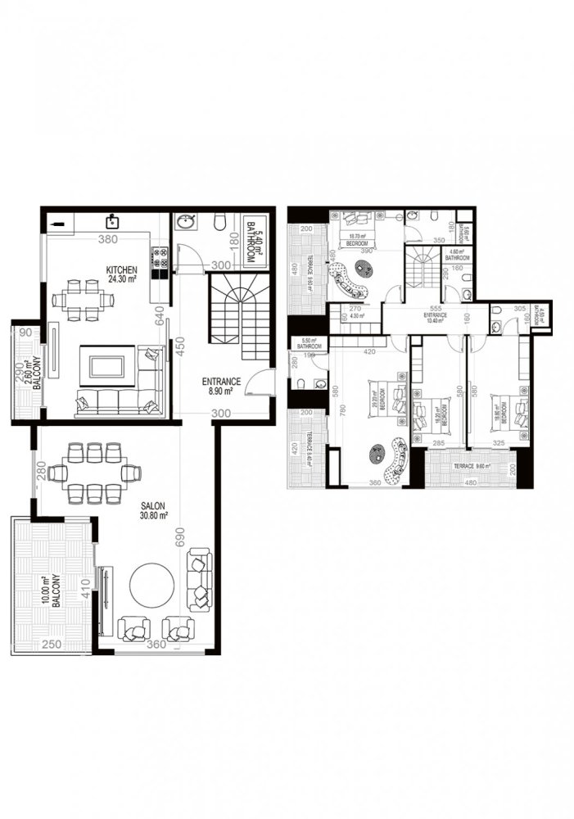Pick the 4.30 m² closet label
(x=357, y=315)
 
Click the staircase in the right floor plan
(x=423, y=265)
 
